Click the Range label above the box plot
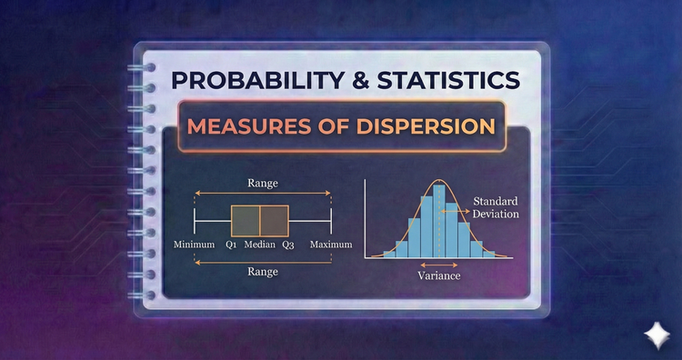[x=262, y=183]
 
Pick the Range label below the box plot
[x=262, y=271]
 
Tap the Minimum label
[x=194, y=245]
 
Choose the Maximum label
[x=330, y=245]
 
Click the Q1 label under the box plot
[x=231, y=245]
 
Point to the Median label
[x=259, y=245]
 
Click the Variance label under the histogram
[x=439, y=275]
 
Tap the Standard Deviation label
[x=496, y=207]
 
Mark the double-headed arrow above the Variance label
[x=439, y=264]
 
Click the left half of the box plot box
[x=246, y=221]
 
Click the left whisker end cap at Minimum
[x=195, y=221]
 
